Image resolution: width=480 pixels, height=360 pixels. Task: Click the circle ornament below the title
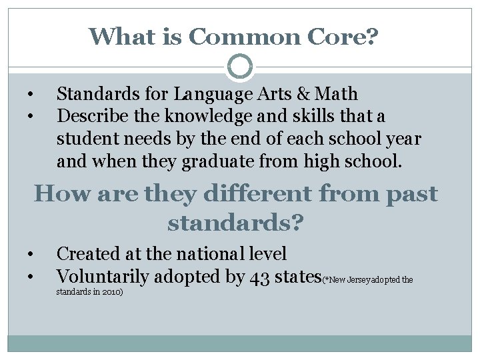point(240,66)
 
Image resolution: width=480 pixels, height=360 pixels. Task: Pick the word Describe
point(89,117)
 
